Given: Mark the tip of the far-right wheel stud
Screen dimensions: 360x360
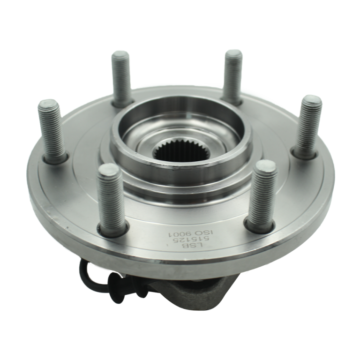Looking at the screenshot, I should click(x=311, y=99).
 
